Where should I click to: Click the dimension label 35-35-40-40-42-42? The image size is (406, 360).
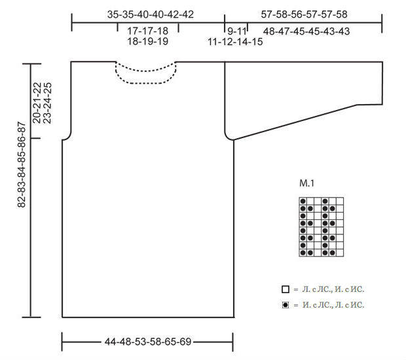(151, 14)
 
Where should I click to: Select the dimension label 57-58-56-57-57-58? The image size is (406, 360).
(304, 14)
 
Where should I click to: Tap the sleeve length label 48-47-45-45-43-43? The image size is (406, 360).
(306, 31)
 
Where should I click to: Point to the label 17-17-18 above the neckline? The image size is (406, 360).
(147, 31)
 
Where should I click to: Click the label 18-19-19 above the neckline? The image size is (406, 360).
(147, 41)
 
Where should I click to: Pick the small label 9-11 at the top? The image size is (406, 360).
(236, 31)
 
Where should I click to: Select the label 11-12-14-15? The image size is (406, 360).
(235, 42)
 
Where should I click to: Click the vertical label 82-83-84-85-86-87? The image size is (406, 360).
(22, 164)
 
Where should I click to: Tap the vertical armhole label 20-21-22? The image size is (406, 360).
(37, 103)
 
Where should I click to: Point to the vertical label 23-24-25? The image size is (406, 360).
(48, 103)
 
